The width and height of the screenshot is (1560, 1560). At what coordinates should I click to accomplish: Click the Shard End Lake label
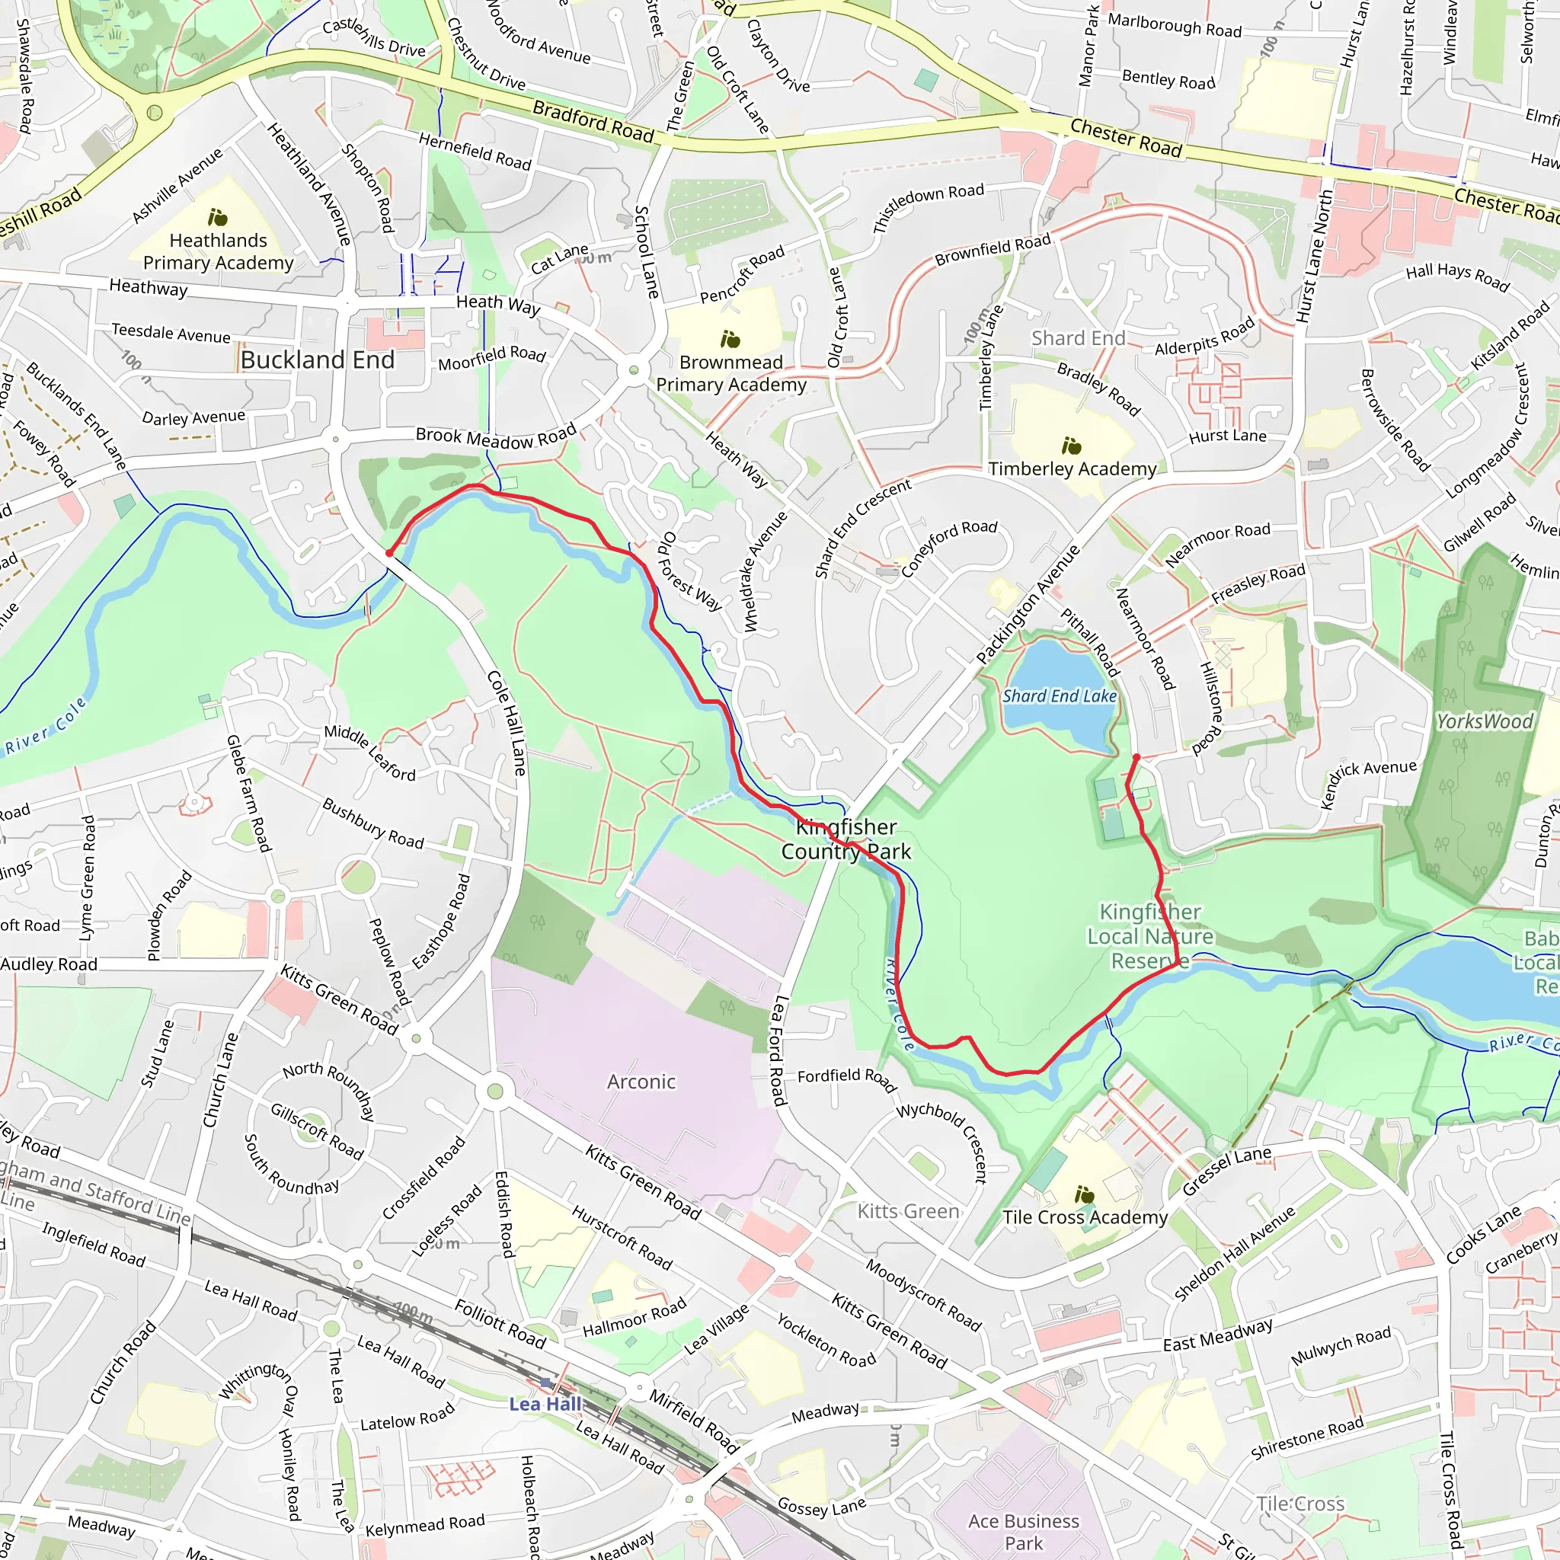pyautogui.click(x=1060, y=696)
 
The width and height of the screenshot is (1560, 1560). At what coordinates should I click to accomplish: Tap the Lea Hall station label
pyautogui.click(x=545, y=1403)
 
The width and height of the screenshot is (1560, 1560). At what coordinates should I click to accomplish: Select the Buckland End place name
pyautogui.click(x=318, y=360)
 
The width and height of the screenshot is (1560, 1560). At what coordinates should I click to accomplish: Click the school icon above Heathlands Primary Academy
pyautogui.click(x=218, y=217)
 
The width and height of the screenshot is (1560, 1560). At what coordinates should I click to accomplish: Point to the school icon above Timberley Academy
pyautogui.click(x=1072, y=446)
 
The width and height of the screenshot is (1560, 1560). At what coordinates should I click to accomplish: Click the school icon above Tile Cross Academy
pyautogui.click(x=1085, y=1194)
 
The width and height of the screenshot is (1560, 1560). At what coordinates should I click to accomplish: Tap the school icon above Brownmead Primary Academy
pyautogui.click(x=730, y=339)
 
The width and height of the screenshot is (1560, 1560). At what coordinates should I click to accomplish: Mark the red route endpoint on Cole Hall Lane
pyautogui.click(x=389, y=554)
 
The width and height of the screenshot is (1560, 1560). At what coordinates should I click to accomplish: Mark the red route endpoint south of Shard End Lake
pyautogui.click(x=1136, y=757)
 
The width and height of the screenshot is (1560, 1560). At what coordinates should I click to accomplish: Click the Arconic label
pyautogui.click(x=641, y=1081)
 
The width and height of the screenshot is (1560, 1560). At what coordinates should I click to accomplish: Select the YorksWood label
pyautogui.click(x=1484, y=721)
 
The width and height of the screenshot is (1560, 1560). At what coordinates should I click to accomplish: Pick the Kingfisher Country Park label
pyautogui.click(x=846, y=839)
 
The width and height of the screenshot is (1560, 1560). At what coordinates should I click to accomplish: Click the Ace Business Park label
pyautogui.click(x=1023, y=1532)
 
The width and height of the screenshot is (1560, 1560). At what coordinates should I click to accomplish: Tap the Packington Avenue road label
pyautogui.click(x=1028, y=605)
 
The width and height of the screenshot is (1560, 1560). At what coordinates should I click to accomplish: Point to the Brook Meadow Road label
pyautogui.click(x=496, y=436)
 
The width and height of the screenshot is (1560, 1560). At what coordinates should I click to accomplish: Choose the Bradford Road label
pyautogui.click(x=593, y=121)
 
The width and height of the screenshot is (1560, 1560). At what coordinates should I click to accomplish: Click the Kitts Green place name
pyautogui.click(x=909, y=1211)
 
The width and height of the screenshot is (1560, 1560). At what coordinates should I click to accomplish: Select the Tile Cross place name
pyautogui.click(x=1300, y=1504)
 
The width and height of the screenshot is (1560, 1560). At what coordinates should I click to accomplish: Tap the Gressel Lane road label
pyautogui.click(x=1226, y=1171)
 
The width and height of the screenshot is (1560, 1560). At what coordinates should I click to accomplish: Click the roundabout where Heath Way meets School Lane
pyautogui.click(x=634, y=369)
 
